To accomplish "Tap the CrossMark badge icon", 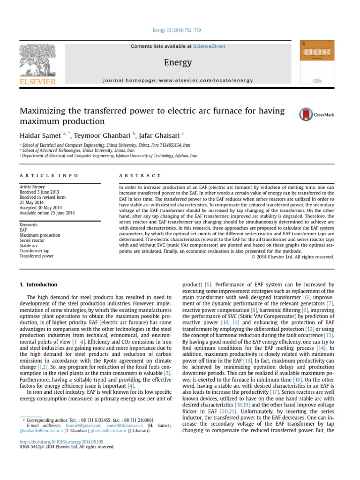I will (x=306, y=114).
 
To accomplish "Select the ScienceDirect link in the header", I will (x=209, y=46).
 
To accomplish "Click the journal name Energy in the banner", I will (x=178, y=62).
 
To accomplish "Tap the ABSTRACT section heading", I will (x=140, y=176).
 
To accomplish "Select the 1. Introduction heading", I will (x=38, y=285).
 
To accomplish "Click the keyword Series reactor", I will (x=33, y=240).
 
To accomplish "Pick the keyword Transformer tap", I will (x=35, y=251).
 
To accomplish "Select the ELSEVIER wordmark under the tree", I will (x=37, y=82).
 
